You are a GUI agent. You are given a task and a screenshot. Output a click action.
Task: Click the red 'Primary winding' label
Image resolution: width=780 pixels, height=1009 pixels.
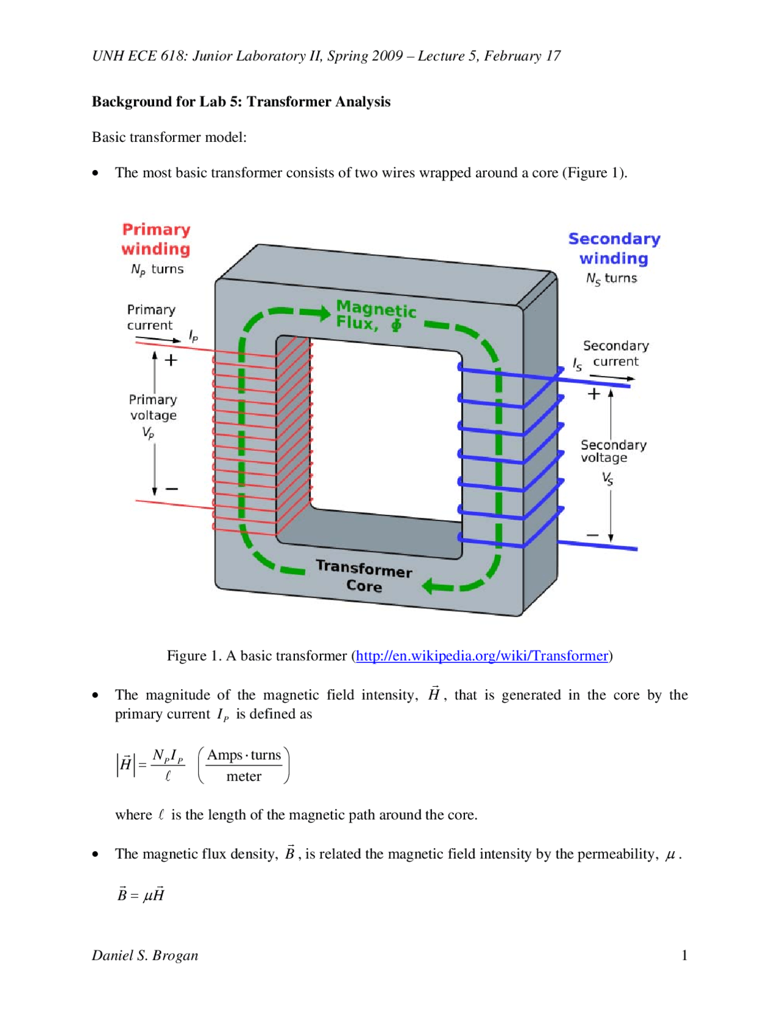pyautogui.click(x=156, y=239)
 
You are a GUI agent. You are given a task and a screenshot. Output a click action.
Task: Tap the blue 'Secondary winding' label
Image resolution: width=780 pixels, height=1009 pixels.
pyautogui.click(x=614, y=249)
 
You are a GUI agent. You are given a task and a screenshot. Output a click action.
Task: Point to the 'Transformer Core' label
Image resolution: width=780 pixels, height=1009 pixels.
pyautogui.click(x=364, y=576)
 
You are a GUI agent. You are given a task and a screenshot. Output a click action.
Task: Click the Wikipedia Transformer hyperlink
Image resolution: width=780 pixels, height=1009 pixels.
pyautogui.click(x=481, y=656)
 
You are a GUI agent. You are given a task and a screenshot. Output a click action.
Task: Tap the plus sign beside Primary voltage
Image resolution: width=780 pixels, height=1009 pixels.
pyautogui.click(x=171, y=360)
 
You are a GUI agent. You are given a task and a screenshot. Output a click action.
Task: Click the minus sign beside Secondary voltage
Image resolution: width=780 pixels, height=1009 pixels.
pyautogui.click(x=592, y=536)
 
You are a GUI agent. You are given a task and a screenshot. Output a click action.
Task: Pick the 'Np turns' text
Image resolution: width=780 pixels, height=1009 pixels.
pyautogui.click(x=157, y=269)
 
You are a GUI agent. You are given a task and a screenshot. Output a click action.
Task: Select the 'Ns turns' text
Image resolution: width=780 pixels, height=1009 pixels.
pyautogui.click(x=611, y=278)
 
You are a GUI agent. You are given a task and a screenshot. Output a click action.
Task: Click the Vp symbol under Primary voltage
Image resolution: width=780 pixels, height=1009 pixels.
pyautogui.click(x=148, y=433)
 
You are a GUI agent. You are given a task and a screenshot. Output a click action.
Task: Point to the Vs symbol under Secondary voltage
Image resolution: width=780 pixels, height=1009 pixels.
pyautogui.click(x=608, y=478)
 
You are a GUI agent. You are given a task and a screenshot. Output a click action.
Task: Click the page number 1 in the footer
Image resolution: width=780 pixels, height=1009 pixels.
pyautogui.click(x=684, y=955)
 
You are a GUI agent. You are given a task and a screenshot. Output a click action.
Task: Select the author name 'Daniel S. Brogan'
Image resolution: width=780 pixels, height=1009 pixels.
pyautogui.click(x=145, y=955)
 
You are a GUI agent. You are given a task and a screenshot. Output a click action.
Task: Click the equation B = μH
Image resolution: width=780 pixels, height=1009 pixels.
pyautogui.click(x=141, y=894)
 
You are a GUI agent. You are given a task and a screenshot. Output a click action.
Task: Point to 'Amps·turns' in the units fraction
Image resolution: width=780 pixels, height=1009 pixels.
pyautogui.click(x=244, y=756)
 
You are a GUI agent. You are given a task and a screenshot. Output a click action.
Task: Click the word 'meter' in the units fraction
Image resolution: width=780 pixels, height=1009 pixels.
pyautogui.click(x=244, y=776)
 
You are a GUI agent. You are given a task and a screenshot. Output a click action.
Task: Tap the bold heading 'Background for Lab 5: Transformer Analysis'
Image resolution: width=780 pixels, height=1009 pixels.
pyautogui.click(x=241, y=102)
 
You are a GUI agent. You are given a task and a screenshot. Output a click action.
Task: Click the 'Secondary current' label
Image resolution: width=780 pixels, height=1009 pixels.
pyautogui.click(x=615, y=353)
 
